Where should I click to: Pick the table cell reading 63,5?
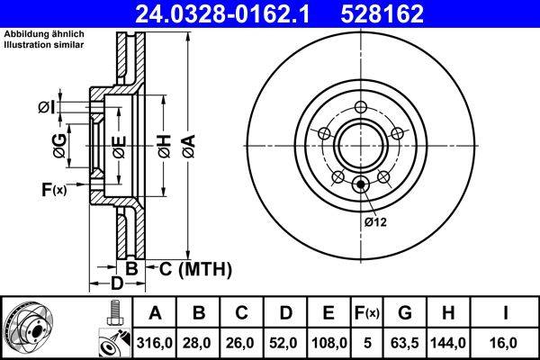(405, 343)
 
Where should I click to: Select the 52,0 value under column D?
(285, 343)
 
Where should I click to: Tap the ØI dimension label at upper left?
(47, 109)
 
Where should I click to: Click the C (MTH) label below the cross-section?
(196, 268)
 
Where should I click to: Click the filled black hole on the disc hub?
(361, 184)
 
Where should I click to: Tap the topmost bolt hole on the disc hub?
(361, 109)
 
